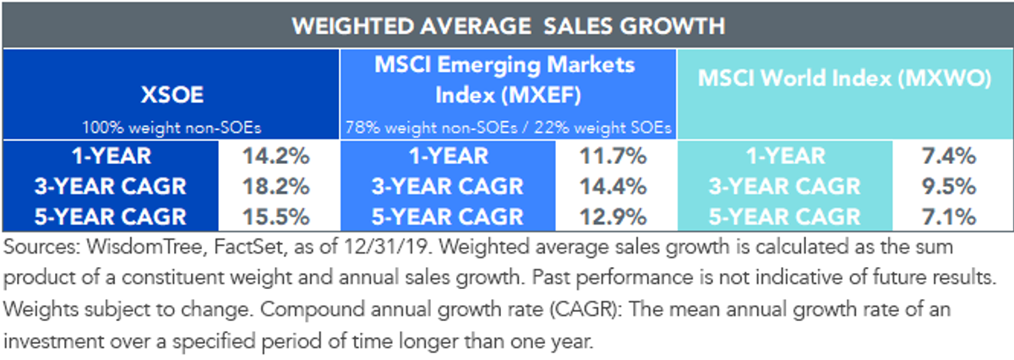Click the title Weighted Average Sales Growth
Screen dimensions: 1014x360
point(509,26)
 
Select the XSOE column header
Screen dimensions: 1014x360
point(172,95)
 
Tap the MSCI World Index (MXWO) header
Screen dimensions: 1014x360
point(845,79)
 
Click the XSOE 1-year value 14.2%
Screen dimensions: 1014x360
point(276,156)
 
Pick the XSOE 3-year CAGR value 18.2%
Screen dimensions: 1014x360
point(276,187)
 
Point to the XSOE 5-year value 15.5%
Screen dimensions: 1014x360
point(276,217)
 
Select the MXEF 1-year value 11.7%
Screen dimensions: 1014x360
point(613,156)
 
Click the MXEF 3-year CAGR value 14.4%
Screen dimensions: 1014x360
point(613,187)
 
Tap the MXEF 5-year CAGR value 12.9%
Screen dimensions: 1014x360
point(613,217)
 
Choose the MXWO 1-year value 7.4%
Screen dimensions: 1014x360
point(949,156)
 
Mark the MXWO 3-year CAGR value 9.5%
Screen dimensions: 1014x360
point(949,187)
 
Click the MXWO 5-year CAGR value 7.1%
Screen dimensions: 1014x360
point(949,217)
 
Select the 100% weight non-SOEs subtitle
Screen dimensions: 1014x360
point(172,128)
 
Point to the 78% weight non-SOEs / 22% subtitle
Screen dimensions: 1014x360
point(508,128)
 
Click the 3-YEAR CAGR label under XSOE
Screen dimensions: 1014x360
point(111,187)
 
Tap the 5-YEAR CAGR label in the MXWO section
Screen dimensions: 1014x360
point(784,217)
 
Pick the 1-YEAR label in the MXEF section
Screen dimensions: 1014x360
point(449,156)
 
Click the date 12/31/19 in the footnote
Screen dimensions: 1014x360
point(385,248)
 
